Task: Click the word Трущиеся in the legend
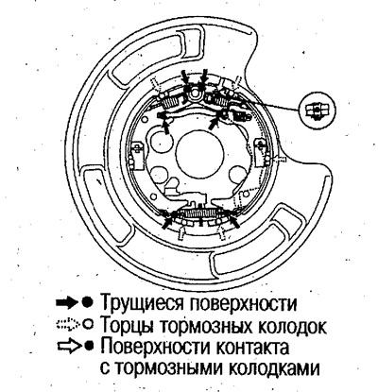click(x=144, y=303)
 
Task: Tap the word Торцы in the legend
click(x=127, y=325)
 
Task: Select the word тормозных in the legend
click(x=205, y=326)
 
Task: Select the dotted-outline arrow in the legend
click(x=66, y=324)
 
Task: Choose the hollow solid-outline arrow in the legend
click(x=68, y=346)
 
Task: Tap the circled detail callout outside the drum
click(x=318, y=110)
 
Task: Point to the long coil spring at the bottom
click(x=202, y=213)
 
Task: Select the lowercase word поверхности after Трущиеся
click(x=244, y=304)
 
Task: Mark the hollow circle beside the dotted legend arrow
click(x=89, y=325)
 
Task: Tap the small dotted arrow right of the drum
click(x=280, y=159)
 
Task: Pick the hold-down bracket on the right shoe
click(x=262, y=152)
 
